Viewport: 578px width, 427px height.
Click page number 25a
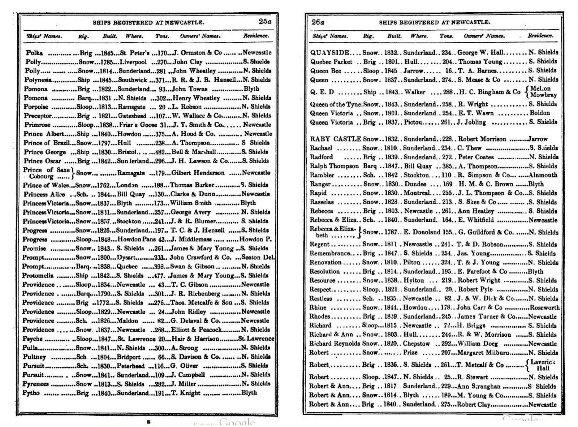click(264, 22)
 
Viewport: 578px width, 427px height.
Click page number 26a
click(318, 22)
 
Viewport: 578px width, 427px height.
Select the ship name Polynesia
click(38, 80)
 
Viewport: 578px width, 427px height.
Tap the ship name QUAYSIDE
click(330, 52)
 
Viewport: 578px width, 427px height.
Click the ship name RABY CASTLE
click(336, 139)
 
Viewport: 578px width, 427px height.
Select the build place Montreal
click(417, 193)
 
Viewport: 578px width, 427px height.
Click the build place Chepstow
click(416, 344)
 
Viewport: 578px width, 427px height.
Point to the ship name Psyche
click(33, 339)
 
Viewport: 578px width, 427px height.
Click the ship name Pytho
click(31, 393)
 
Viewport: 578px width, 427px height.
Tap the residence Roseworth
click(544, 307)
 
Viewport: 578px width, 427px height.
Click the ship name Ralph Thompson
click(334, 166)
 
